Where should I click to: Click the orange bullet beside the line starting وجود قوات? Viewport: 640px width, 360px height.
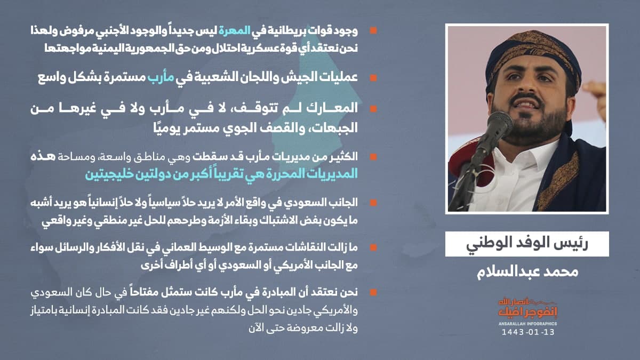click(x=373, y=30)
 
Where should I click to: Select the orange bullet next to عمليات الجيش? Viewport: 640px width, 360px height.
click(x=373, y=78)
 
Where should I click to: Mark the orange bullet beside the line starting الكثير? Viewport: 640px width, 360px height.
click(x=373, y=157)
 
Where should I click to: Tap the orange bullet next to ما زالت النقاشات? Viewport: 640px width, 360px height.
click(x=373, y=247)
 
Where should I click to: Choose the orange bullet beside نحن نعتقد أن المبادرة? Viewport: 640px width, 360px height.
click(x=373, y=292)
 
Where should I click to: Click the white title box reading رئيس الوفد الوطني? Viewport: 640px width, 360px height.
click(x=527, y=244)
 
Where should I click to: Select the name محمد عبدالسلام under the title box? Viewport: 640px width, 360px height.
click(x=527, y=271)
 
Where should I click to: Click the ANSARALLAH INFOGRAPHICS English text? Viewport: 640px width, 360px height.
click(x=527, y=324)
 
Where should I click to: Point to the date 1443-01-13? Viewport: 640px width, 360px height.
click(x=528, y=332)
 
